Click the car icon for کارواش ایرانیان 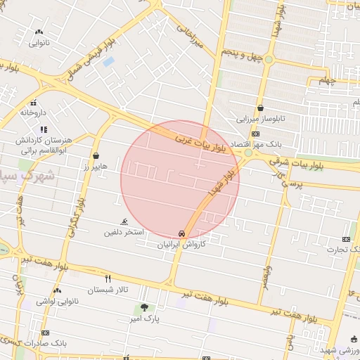(182, 233)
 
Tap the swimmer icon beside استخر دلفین (125, 221)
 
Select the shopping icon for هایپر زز (96, 156)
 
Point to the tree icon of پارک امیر (145, 307)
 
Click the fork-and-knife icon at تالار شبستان (108, 278)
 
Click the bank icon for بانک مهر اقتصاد (255, 134)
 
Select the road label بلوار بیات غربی (202, 139)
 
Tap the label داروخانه (33, 112)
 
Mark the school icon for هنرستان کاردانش (44, 129)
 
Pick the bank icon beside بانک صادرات (46, 333)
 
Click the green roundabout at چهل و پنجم (268, 59)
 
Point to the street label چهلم (342, 82)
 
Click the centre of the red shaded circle (180, 179)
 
